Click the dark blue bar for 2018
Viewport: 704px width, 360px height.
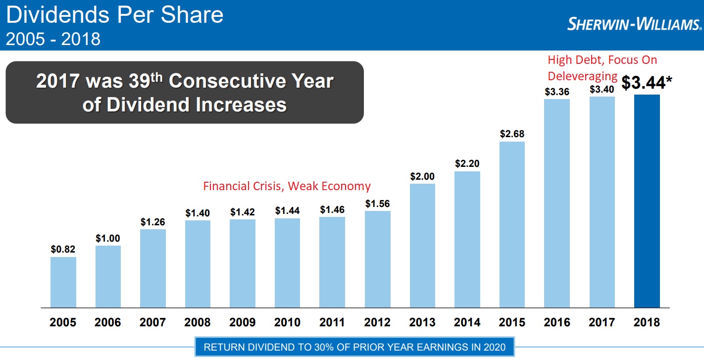pyautogui.click(x=647, y=201)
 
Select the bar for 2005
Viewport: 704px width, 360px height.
pyautogui.click(x=63, y=282)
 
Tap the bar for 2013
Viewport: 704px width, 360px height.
pyautogui.click(x=422, y=245)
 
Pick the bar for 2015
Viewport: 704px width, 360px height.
pyautogui.click(x=512, y=224)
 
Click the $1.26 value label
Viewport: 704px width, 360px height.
pyautogui.click(x=153, y=222)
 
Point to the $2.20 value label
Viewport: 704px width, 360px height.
pyautogui.click(x=467, y=164)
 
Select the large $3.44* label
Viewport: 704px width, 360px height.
pyautogui.click(x=647, y=83)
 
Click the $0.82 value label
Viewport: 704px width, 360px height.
pyautogui.click(x=63, y=250)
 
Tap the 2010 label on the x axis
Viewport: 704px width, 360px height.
pyautogui.click(x=287, y=322)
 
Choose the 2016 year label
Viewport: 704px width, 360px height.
pyautogui.click(x=557, y=322)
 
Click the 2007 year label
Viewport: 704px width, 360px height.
pyautogui.click(x=152, y=322)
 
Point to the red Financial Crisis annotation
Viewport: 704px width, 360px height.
pyautogui.click(x=287, y=186)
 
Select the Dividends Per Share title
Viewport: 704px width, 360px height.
pyautogui.click(x=114, y=15)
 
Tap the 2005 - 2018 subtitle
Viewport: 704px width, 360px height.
pyautogui.click(x=53, y=39)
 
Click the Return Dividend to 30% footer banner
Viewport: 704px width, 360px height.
pyautogui.click(x=354, y=347)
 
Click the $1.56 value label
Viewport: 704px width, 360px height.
pyautogui.click(x=377, y=204)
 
